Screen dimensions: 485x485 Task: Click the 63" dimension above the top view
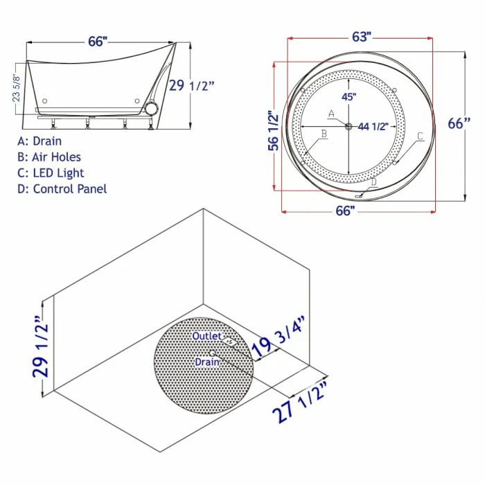[x=361, y=37]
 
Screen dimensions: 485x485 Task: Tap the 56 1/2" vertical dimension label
[x=273, y=131]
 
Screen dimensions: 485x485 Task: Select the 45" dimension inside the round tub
[x=349, y=97]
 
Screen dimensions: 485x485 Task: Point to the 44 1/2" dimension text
[x=373, y=127]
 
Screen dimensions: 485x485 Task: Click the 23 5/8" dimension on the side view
[x=16, y=88]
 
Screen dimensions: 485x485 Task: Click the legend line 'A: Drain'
[x=39, y=141]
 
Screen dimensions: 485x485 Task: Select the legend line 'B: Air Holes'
[x=49, y=157]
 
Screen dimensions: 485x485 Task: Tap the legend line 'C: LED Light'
[x=51, y=173]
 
